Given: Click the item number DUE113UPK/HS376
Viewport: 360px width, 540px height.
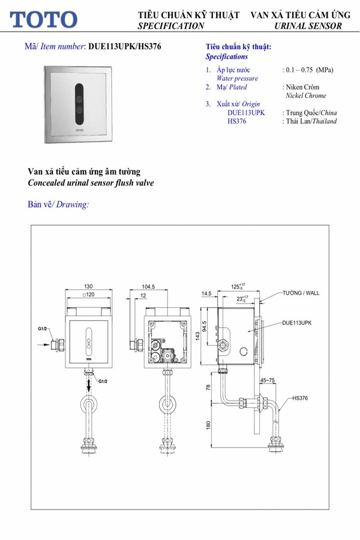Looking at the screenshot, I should pyautogui.click(x=124, y=46).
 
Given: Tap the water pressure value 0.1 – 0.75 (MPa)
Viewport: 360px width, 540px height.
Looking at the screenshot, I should pyautogui.click(x=307, y=70).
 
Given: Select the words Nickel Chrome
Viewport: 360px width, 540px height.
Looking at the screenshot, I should pyautogui.click(x=306, y=95).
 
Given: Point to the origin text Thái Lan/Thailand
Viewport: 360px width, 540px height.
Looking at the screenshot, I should pyautogui.click(x=310, y=121).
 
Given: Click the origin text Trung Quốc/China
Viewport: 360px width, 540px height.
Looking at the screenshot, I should pyautogui.click(x=310, y=113).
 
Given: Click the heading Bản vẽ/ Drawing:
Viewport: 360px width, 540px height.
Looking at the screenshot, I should pyautogui.click(x=59, y=204).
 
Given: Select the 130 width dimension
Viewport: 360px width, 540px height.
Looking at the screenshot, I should pyautogui.click(x=88, y=287).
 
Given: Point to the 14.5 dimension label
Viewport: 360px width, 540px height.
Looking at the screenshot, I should pyautogui.click(x=207, y=293).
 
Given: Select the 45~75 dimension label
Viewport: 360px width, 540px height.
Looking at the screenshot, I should pyautogui.click(x=269, y=380).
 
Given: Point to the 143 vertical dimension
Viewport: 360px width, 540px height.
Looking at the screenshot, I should pyautogui.click(x=196, y=337).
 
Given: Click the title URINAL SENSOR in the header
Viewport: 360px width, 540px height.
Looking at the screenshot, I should pyautogui.click(x=308, y=26).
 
